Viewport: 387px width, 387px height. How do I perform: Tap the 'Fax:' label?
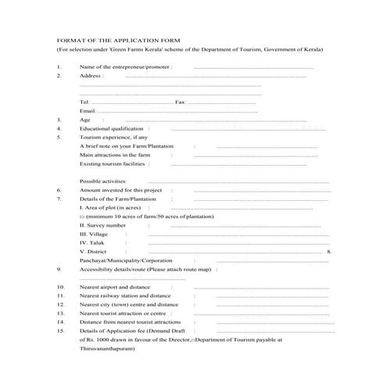pos(180,102)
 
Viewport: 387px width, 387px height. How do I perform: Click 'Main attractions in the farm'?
pos(115,155)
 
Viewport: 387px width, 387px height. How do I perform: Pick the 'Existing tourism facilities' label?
pos(113,163)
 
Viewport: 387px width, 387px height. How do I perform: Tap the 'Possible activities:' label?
pos(103,181)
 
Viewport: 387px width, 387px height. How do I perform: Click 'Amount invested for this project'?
pos(120,190)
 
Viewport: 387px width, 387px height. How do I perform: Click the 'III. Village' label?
pos(94,234)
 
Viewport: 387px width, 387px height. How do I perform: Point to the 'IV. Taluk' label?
pos(91,243)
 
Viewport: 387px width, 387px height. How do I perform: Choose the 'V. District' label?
pos(93,252)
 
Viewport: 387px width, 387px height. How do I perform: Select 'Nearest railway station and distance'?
pos(125,296)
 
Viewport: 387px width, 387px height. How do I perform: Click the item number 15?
pos(60,331)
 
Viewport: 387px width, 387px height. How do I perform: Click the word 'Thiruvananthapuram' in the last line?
pos(107,349)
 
